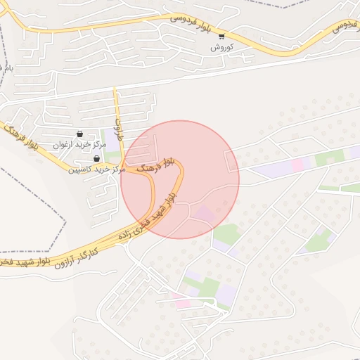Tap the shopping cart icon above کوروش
click(221, 37)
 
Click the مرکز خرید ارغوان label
click(79, 145)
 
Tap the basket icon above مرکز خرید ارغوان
click(79, 134)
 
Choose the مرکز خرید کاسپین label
click(96, 169)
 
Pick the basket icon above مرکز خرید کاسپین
click(96, 159)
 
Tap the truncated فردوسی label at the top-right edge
click(342, 25)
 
